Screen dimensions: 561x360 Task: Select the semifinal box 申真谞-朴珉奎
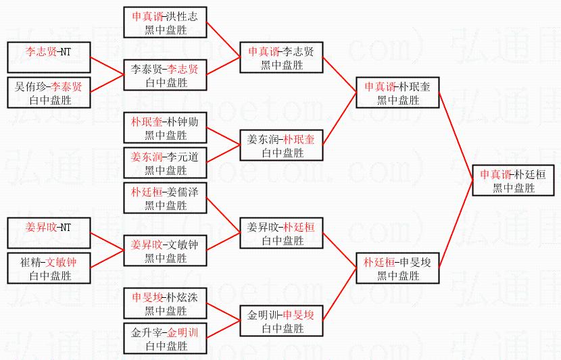pos(397,93)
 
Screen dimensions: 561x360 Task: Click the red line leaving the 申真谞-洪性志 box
pos(224,37)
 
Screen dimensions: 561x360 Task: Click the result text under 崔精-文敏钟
pos(49,275)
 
